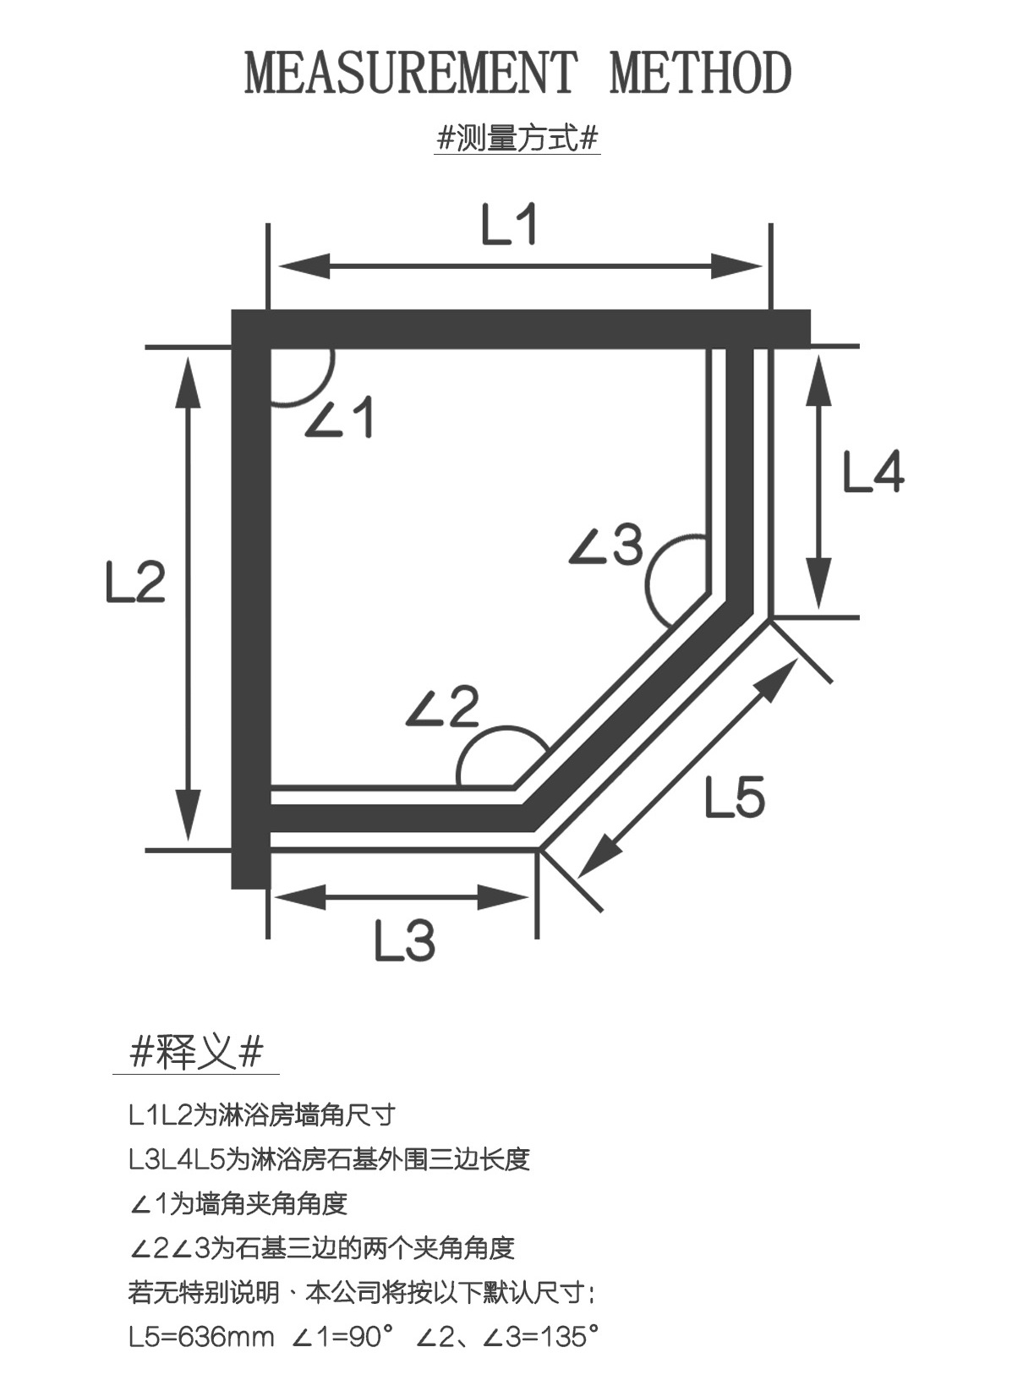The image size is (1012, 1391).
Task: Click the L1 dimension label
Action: (x=509, y=225)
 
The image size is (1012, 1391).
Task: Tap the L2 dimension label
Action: (x=135, y=582)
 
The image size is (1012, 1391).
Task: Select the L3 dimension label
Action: (x=405, y=940)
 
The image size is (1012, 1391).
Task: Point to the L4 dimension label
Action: (x=873, y=472)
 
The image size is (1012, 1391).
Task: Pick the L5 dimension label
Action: (x=735, y=797)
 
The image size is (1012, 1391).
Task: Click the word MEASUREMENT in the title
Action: (x=411, y=73)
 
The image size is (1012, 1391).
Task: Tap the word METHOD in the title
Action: (x=700, y=73)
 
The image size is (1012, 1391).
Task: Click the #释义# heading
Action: (x=196, y=1053)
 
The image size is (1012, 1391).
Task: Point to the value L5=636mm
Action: (x=201, y=1337)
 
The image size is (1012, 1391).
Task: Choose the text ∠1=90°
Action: (x=343, y=1337)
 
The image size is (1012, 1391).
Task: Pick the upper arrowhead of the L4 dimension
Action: (x=818, y=376)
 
